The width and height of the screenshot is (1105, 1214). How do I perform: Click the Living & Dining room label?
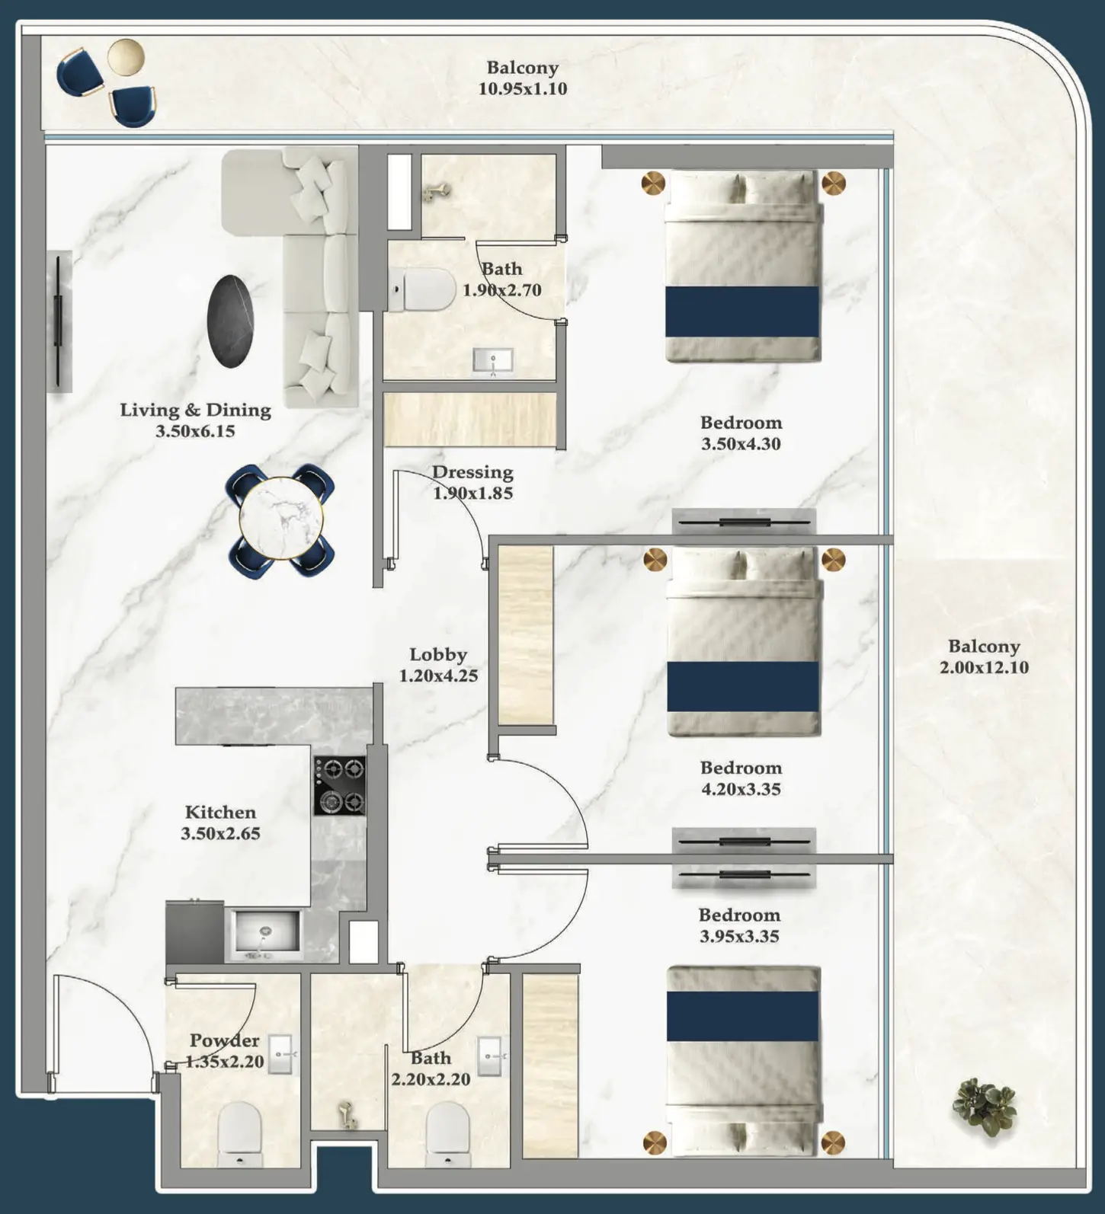[x=195, y=410]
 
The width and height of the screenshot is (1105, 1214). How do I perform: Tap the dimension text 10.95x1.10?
[x=522, y=88]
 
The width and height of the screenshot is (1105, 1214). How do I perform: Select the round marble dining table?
[x=281, y=519]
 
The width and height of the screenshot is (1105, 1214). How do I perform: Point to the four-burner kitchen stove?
[x=339, y=784]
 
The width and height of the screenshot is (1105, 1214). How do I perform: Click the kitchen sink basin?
[x=265, y=931]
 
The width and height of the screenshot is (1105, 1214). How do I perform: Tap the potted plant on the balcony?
[x=986, y=1107]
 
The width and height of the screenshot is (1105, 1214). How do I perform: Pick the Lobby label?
[x=437, y=654]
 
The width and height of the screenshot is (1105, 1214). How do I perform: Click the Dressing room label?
[x=472, y=472]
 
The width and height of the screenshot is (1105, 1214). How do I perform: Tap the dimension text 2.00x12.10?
[x=984, y=668]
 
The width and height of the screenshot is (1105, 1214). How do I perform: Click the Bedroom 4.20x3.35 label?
[x=741, y=768]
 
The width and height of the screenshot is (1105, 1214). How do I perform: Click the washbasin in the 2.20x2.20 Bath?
[x=490, y=1056]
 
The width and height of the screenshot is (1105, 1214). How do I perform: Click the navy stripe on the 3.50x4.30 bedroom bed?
[x=742, y=311]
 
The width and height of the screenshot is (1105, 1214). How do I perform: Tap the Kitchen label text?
[x=220, y=812]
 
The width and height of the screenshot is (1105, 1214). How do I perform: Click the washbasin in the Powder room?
[x=280, y=1054]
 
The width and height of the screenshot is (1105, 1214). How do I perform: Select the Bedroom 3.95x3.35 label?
[x=739, y=915]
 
